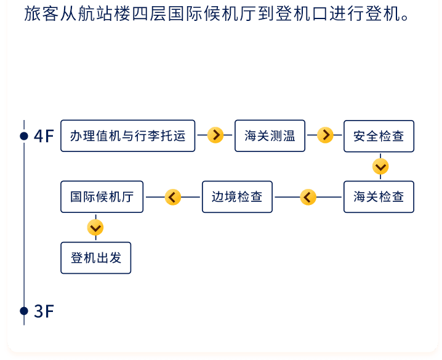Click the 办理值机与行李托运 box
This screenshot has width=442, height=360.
(127, 136)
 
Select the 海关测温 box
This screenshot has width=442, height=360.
(270, 136)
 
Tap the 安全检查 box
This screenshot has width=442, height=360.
(379, 136)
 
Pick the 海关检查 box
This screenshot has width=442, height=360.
(379, 197)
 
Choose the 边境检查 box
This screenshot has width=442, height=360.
(237, 197)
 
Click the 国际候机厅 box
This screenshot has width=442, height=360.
(102, 197)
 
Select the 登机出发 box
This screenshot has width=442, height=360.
(96, 258)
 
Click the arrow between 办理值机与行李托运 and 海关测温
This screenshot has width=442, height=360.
(215, 135)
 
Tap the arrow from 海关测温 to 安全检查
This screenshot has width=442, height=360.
(325, 135)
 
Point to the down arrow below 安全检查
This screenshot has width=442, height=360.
(380, 167)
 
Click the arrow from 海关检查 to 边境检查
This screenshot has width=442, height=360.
(308, 197)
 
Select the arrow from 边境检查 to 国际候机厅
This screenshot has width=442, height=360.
(172, 197)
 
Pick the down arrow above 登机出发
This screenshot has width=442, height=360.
(95, 227)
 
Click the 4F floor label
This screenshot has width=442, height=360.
(44, 136)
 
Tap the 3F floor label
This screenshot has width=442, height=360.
(44, 311)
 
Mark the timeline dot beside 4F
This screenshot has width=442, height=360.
(24, 136)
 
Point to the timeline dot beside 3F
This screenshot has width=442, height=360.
(24, 311)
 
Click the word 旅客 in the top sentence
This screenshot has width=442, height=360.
(42, 14)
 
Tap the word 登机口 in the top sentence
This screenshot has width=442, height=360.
(302, 14)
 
